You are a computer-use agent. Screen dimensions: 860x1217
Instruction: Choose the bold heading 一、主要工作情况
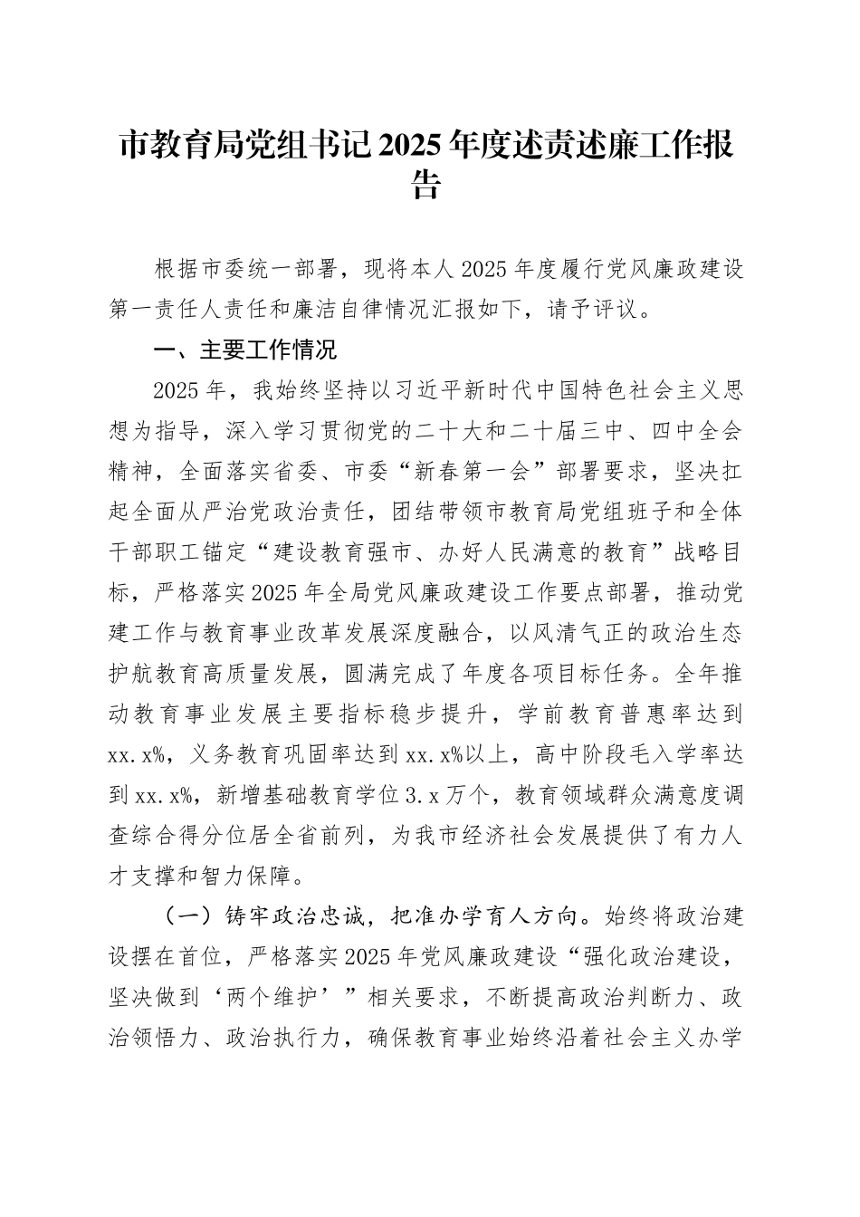pos(244,350)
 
